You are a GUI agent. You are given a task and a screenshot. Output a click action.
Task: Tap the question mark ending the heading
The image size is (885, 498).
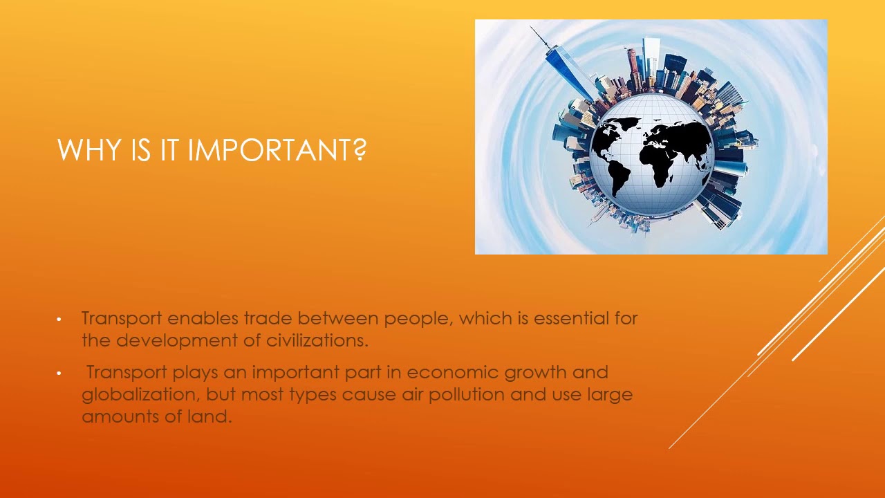pyautogui.click(x=359, y=150)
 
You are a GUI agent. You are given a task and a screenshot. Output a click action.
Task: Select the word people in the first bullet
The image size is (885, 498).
pyautogui.click(x=417, y=319)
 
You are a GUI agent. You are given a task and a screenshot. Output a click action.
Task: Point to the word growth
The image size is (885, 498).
pyautogui.click(x=535, y=373)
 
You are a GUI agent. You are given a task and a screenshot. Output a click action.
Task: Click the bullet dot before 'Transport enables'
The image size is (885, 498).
pyautogui.click(x=59, y=320)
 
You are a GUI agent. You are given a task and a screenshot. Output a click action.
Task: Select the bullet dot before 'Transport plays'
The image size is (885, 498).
pyautogui.click(x=59, y=373)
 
